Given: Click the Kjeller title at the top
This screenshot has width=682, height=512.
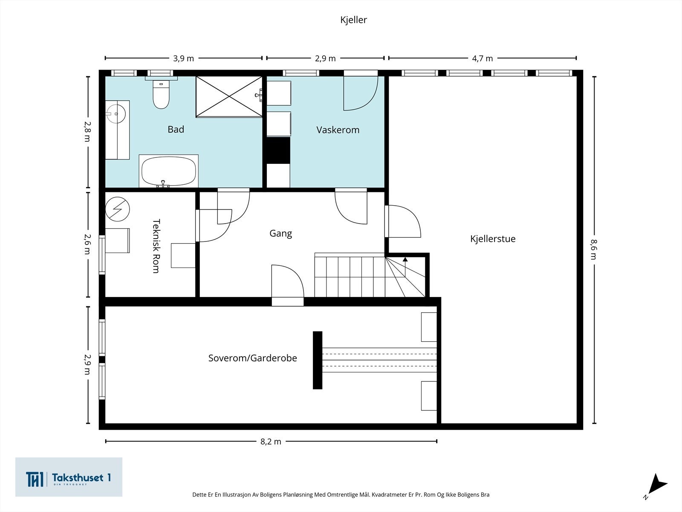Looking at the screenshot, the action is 354,20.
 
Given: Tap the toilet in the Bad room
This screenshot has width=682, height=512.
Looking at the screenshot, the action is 161,94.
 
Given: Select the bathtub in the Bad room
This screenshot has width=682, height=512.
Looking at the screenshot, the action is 168,171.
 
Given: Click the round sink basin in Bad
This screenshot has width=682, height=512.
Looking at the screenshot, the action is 116,114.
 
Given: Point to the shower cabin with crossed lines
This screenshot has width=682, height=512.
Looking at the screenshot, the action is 229,97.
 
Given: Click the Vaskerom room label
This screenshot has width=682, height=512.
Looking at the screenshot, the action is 338,130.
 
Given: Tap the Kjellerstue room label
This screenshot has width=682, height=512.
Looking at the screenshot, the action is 493,239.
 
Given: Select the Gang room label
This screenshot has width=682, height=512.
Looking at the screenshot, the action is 280,233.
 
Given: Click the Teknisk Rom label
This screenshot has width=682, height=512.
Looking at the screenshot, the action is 156,246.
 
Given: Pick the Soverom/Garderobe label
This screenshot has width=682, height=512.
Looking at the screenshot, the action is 253,358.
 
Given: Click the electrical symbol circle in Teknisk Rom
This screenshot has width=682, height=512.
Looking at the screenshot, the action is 118,209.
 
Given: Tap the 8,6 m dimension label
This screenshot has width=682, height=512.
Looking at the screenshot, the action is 594,249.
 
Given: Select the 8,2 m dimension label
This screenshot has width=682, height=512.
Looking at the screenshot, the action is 271,442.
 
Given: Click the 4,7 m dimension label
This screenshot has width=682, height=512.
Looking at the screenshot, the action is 482,58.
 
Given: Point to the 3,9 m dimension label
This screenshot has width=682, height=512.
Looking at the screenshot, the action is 183,58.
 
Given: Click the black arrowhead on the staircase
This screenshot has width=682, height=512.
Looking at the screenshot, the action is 405,259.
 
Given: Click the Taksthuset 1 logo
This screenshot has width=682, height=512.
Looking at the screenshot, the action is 69,477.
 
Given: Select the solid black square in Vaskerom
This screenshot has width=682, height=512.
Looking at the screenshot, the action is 278,150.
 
